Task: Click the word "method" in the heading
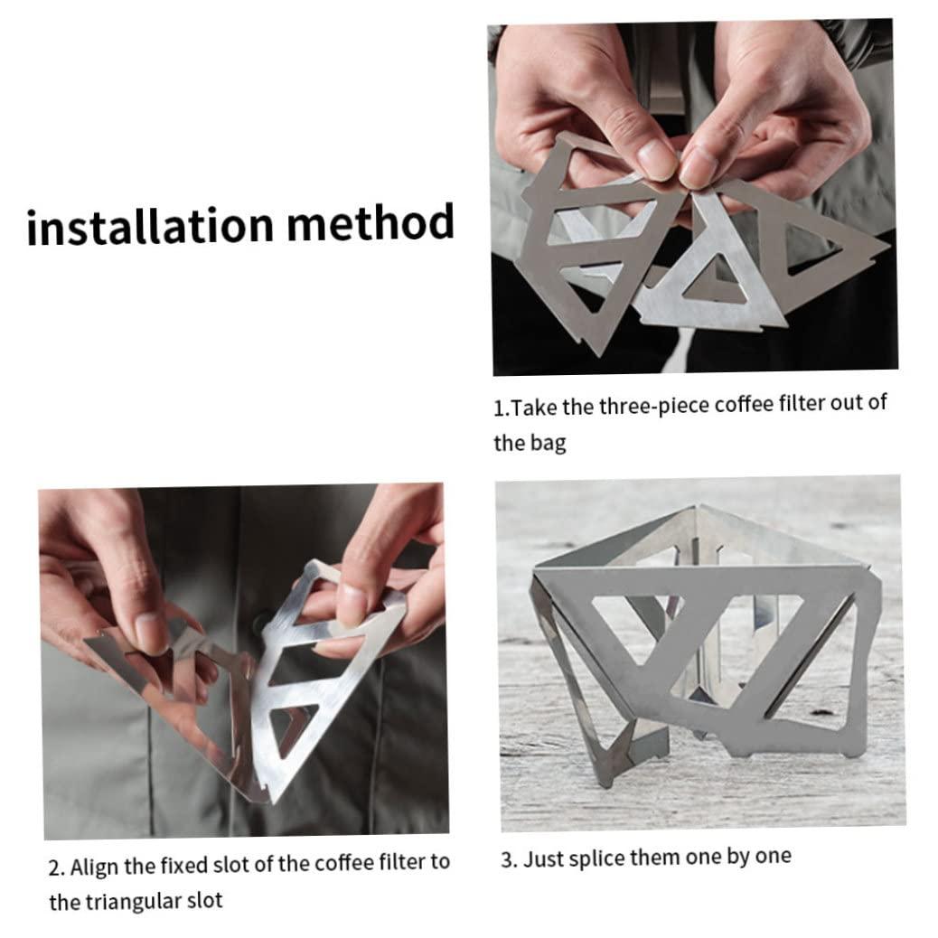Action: [371, 221]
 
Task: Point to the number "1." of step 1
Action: [502, 408]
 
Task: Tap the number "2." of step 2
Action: [57, 868]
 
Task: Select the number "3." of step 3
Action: [509, 860]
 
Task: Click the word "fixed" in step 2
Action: [180, 865]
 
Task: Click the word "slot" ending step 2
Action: [204, 900]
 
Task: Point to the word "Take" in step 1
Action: [534, 408]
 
